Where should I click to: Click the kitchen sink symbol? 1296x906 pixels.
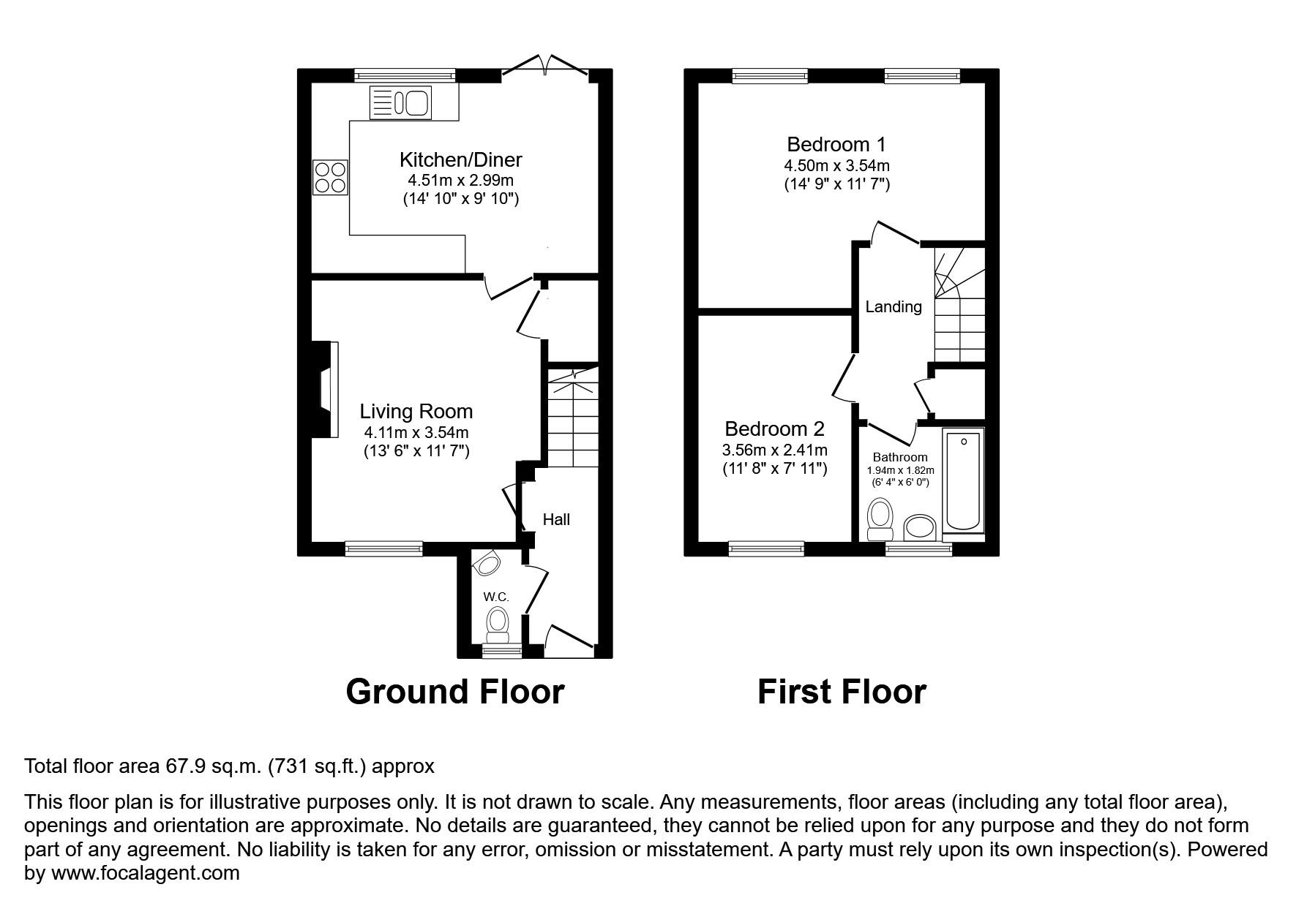coord(401,102)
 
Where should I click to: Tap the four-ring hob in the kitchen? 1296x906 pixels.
coord(330,177)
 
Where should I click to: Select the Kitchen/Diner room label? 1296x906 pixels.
coord(460,159)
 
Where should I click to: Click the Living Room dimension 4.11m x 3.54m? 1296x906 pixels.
coord(416,432)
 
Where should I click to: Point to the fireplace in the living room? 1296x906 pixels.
coord(325,390)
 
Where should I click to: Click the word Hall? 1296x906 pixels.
coord(556,520)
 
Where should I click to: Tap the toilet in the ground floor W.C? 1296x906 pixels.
coord(498,624)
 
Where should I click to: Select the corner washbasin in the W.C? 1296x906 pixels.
coord(486,563)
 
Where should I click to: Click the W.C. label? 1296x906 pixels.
coord(496,597)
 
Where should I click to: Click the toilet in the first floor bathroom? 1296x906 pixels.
coord(879,518)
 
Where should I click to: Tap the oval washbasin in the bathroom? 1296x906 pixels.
coord(921,526)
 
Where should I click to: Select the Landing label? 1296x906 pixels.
coord(893,307)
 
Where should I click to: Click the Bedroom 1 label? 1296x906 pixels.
coord(836,144)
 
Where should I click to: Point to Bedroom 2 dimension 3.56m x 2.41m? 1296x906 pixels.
coord(774,450)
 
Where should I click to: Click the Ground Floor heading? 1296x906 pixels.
coord(454,691)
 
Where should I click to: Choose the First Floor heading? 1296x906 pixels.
coord(842,691)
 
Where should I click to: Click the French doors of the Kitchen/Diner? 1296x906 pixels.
coord(546,65)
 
